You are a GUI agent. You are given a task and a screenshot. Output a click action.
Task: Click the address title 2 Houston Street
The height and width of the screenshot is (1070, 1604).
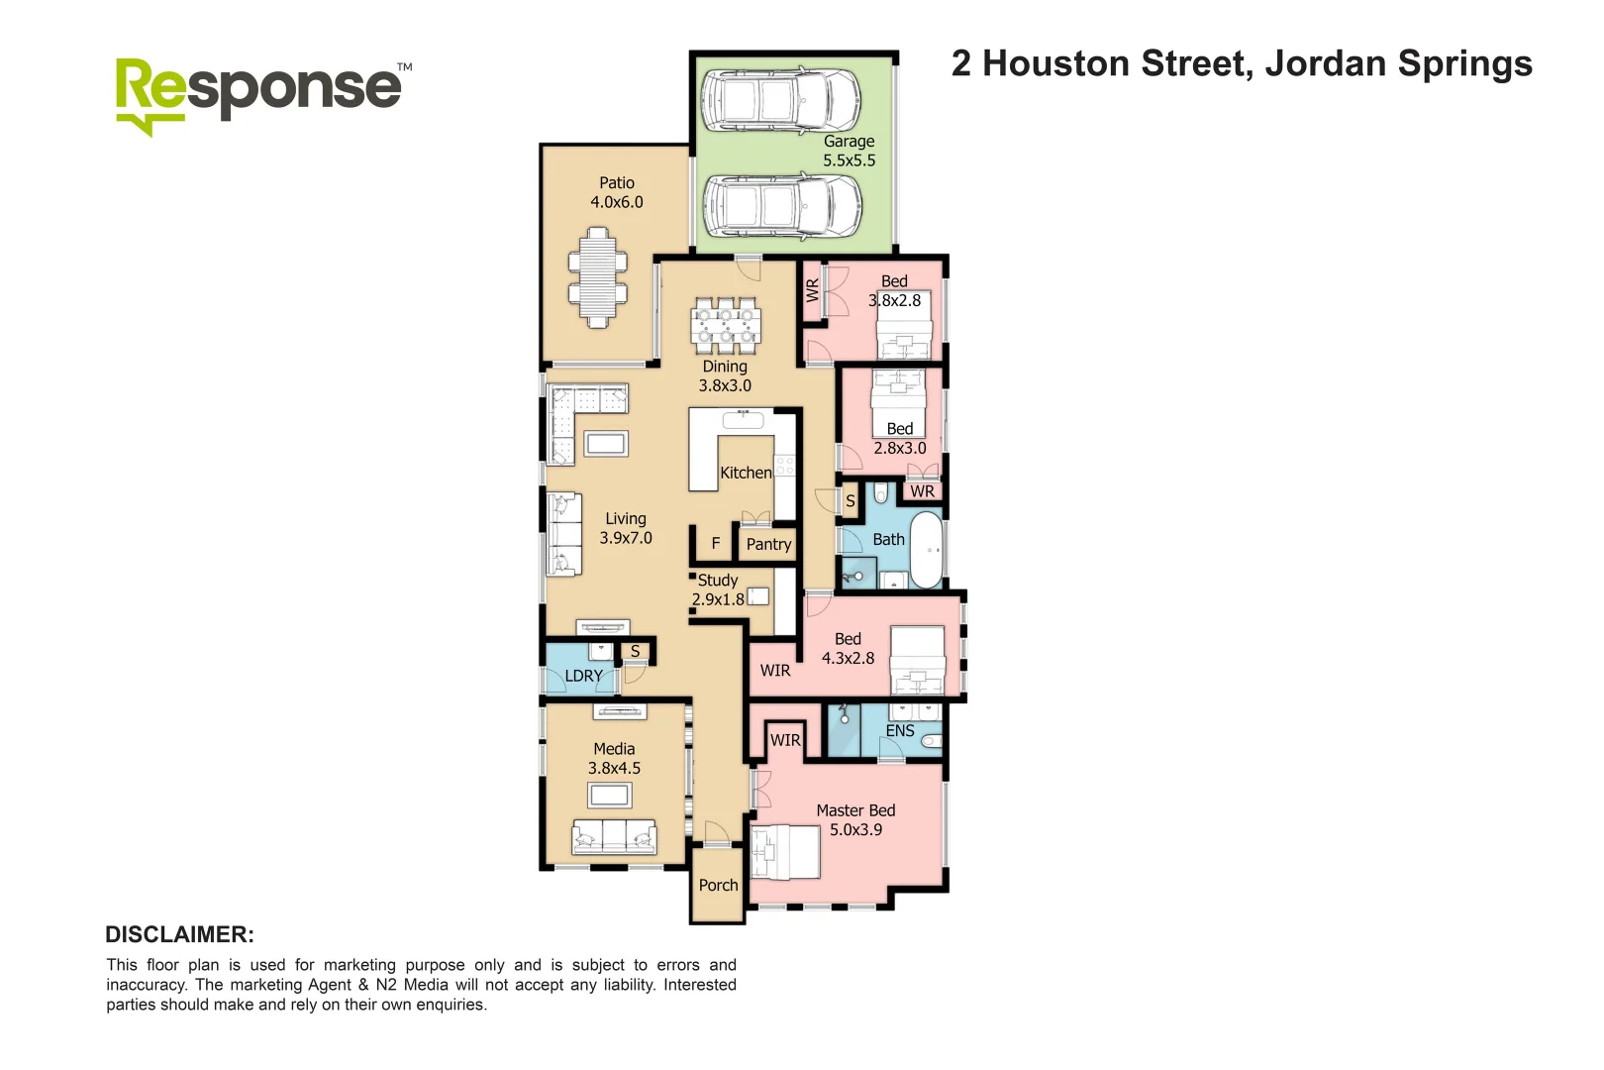[1241, 64]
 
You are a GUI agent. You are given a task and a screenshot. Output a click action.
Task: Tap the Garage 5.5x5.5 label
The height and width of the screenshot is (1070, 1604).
[849, 151]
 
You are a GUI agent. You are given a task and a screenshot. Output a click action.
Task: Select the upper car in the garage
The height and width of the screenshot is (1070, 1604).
[780, 98]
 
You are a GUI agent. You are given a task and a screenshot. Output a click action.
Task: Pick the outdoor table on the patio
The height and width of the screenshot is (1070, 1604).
[597, 277]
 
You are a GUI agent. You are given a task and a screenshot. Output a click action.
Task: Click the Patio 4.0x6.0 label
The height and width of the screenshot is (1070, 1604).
[616, 192]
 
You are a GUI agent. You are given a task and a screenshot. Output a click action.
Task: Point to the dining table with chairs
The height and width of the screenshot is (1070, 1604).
[726, 326]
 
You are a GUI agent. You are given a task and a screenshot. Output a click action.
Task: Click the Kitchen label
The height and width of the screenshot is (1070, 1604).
[745, 473]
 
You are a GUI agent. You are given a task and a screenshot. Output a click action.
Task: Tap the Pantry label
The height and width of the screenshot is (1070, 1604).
[768, 544]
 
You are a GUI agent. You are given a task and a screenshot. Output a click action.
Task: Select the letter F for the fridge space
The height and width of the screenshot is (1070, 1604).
[715, 544]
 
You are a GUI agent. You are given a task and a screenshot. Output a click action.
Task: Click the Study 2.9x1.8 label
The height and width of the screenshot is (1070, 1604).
[718, 589]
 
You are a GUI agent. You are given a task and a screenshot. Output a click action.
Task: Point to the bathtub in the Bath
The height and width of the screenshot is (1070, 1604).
[927, 549]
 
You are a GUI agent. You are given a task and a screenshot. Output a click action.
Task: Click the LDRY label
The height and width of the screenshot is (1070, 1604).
[583, 676]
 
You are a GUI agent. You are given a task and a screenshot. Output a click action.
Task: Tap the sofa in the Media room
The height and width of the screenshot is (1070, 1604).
[614, 837]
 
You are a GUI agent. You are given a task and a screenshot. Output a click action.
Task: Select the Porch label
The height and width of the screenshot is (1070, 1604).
[718, 885]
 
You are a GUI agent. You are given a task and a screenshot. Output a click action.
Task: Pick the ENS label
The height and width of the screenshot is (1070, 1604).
[899, 731]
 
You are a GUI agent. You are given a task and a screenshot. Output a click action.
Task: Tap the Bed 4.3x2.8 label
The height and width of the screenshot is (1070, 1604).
[848, 648]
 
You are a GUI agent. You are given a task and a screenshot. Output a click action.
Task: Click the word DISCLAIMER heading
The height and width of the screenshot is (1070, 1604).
[179, 934]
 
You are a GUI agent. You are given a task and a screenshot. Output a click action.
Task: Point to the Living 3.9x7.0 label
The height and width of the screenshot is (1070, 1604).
[625, 528]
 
